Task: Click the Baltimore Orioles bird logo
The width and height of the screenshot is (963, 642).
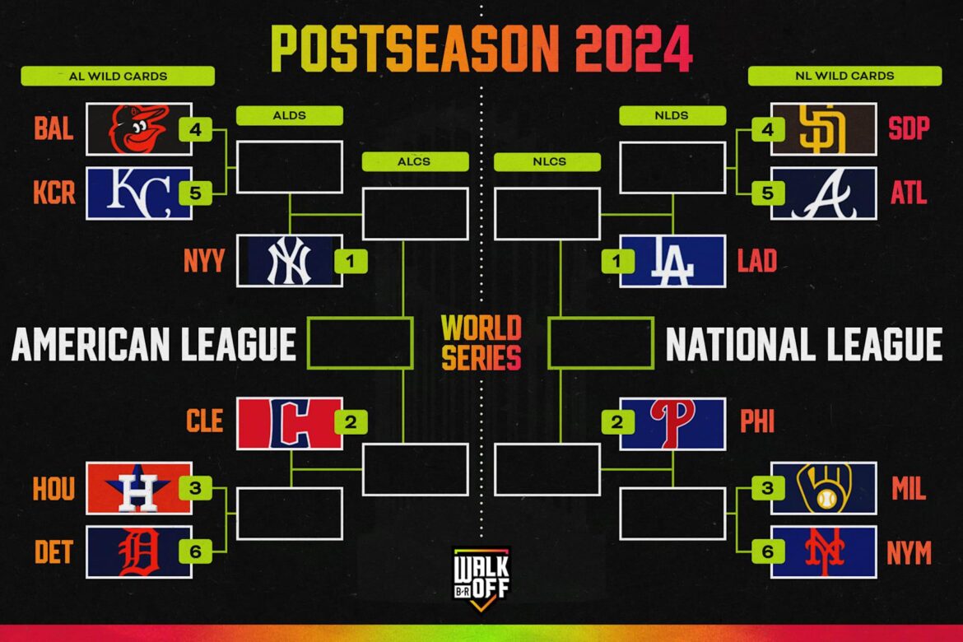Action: pyautogui.click(x=138, y=129)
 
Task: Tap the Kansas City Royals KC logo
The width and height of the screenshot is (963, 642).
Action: pyautogui.click(x=138, y=193)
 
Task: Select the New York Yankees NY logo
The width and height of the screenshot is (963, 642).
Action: pyautogui.click(x=290, y=261)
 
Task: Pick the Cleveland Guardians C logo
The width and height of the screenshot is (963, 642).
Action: pyautogui.click(x=290, y=424)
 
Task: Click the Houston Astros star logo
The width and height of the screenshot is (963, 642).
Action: pyautogui.click(x=138, y=488)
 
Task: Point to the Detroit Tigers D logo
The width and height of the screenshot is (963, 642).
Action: pyautogui.click(x=138, y=551)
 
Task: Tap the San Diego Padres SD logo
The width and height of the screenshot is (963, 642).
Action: pyautogui.click(x=823, y=129)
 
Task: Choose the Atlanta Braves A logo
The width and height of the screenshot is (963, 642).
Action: pyautogui.click(x=823, y=193)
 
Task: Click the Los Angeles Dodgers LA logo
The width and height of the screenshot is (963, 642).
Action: pyautogui.click(x=672, y=261)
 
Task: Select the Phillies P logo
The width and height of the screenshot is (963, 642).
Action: pyautogui.click(x=672, y=424)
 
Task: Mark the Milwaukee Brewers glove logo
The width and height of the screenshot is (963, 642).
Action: pyautogui.click(x=823, y=488)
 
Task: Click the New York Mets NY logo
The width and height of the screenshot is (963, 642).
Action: pyautogui.click(x=823, y=551)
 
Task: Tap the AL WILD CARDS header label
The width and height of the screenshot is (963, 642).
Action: pyautogui.click(x=118, y=76)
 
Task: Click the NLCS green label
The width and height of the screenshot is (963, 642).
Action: pyautogui.click(x=547, y=161)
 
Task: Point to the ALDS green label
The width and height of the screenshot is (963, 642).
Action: pyautogui.click(x=289, y=115)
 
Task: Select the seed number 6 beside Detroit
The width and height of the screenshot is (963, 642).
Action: pyautogui.click(x=195, y=551)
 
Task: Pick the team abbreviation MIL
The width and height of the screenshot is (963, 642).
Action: pyautogui.click(x=909, y=489)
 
